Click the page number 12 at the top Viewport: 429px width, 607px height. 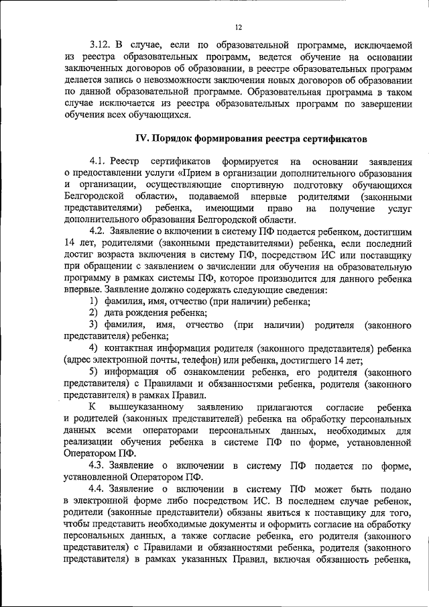click(x=238, y=27)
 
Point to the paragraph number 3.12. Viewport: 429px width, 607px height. click(x=102, y=46)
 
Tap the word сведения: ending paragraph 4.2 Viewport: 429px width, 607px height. click(x=306, y=290)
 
